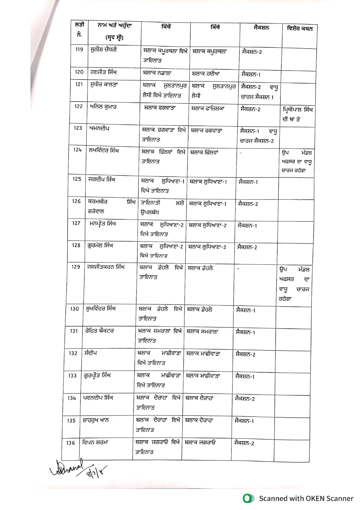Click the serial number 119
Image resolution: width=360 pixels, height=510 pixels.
pos(79,49)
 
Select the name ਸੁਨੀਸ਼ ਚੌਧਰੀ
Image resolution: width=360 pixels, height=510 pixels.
pos(104,50)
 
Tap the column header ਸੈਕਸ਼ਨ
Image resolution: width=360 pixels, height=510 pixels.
pos(261,28)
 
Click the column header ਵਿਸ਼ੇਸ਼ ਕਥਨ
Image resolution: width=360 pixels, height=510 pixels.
pos(300,28)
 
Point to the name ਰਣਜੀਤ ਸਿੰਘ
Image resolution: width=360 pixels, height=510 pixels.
pos(104,72)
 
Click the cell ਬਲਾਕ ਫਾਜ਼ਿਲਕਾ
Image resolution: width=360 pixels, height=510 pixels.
pos(208,108)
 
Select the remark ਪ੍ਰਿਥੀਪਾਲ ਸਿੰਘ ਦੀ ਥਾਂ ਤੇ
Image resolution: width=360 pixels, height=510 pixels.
pos(297,114)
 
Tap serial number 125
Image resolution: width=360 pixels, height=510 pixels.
pos(77,179)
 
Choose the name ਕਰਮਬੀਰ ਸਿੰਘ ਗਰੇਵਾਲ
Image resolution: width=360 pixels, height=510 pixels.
pos(111,206)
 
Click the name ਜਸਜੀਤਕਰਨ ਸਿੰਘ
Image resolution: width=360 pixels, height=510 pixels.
pos(106,267)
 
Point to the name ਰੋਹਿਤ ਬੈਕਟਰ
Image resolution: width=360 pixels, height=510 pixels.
pos(99,331)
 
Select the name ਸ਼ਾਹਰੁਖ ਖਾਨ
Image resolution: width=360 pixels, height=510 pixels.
pos(96,420)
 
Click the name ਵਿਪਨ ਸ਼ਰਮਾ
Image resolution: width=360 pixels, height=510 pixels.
pos(95,442)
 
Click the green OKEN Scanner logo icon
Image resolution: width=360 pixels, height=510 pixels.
pos(248,498)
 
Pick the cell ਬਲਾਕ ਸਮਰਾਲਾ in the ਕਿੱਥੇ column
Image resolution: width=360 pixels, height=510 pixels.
pos(202,331)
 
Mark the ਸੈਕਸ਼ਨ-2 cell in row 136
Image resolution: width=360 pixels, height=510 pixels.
pos(244,443)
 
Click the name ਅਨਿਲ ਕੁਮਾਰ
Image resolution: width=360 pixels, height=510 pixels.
pos(103,107)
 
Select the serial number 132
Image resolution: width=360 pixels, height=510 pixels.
pos(73,353)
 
